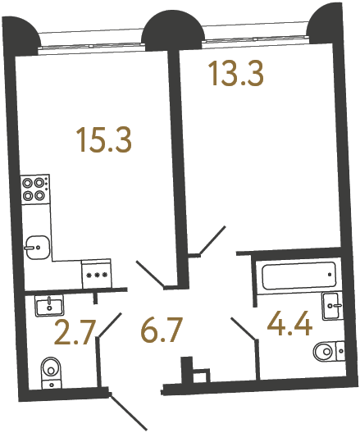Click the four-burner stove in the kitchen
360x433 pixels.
click(x=34, y=189)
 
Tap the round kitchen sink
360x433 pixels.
click(x=34, y=244)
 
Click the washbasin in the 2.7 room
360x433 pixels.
click(x=49, y=305)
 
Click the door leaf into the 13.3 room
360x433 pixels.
click(x=212, y=240)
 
